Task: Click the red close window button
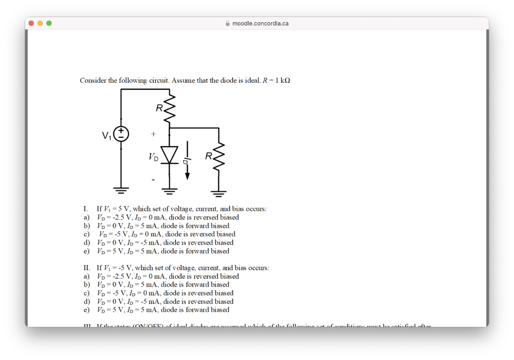coord(31,23)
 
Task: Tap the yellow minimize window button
coord(40,23)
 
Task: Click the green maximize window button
coord(49,23)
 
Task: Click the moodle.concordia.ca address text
coord(260,23)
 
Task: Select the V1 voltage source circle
coord(121,134)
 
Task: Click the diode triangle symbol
coord(170,155)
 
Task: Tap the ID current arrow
coord(187,161)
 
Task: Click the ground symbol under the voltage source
coord(121,190)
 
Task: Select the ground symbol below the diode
coord(170,190)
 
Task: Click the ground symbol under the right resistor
coord(219,192)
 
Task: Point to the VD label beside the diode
coord(153,157)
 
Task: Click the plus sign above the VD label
coord(153,135)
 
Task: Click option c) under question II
coord(165,293)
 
